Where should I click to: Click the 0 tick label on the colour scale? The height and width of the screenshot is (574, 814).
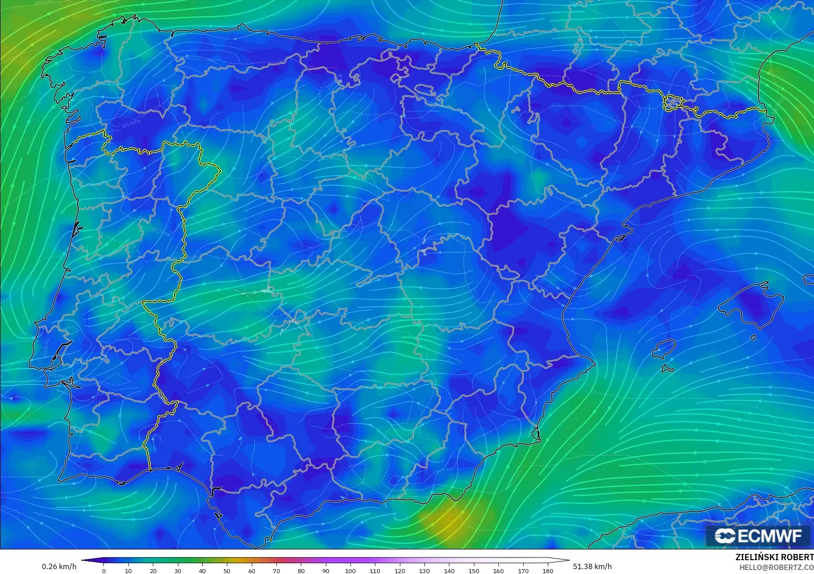(104, 570)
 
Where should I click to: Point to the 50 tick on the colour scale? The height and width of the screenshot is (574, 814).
(227, 570)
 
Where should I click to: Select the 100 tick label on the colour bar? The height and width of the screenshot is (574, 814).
(350, 570)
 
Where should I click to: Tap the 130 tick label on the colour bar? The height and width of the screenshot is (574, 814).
(424, 570)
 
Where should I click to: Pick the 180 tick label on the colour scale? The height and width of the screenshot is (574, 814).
(547, 570)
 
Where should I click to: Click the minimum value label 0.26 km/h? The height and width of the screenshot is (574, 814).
(59, 566)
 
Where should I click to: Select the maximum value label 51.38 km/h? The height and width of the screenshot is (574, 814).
(592, 566)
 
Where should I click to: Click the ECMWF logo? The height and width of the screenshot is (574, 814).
(758, 536)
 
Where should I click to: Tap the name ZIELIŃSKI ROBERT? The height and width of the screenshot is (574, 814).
(774, 557)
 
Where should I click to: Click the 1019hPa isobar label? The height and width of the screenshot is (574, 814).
(131, 124)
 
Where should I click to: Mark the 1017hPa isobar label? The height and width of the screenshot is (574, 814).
(160, 232)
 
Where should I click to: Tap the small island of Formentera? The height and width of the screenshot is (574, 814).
(667, 369)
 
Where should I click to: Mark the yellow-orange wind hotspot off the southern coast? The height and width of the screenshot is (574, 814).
(450, 517)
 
